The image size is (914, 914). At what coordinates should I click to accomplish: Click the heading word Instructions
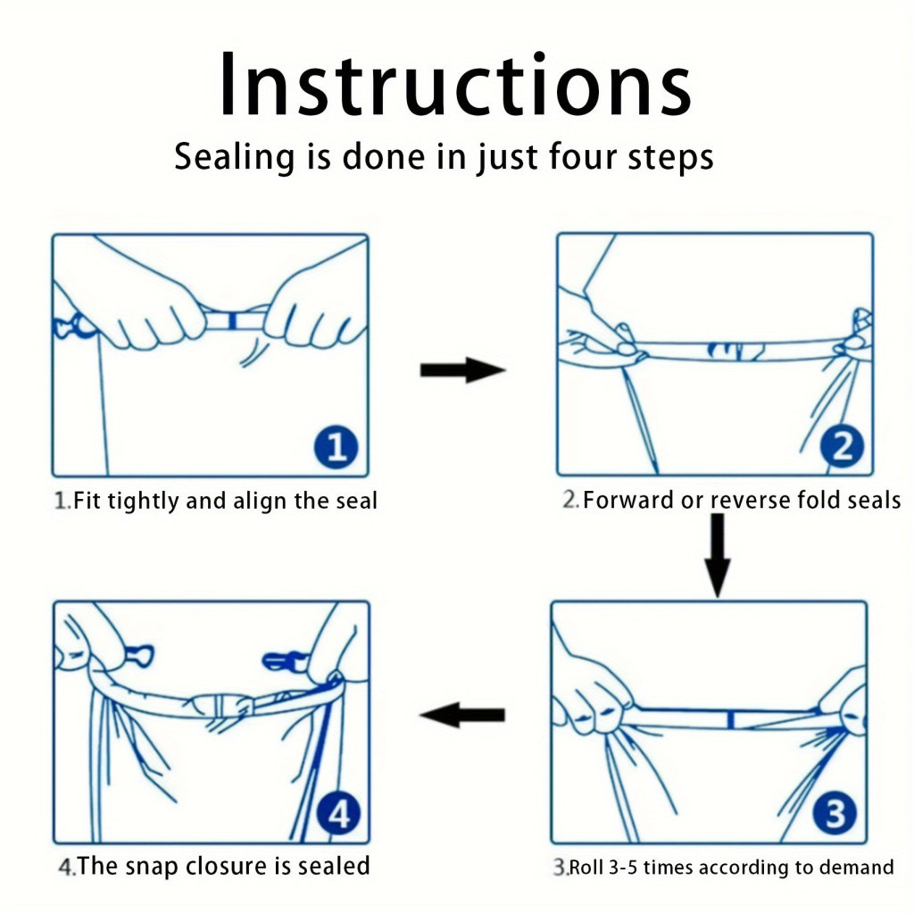(x=455, y=85)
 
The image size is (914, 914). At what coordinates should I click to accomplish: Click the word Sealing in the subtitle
(x=236, y=158)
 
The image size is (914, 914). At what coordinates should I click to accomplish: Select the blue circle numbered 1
(x=336, y=447)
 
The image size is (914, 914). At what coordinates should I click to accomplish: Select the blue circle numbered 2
(x=841, y=446)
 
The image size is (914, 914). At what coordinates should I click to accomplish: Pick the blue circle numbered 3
(x=835, y=813)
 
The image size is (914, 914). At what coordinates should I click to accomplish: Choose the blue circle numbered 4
(x=338, y=813)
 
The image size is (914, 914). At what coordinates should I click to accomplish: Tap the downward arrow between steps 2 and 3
(x=718, y=555)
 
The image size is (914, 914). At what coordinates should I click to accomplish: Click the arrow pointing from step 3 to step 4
(x=462, y=715)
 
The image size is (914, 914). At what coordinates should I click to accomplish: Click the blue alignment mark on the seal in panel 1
(x=233, y=320)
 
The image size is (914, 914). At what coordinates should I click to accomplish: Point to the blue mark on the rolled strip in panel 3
(x=730, y=720)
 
